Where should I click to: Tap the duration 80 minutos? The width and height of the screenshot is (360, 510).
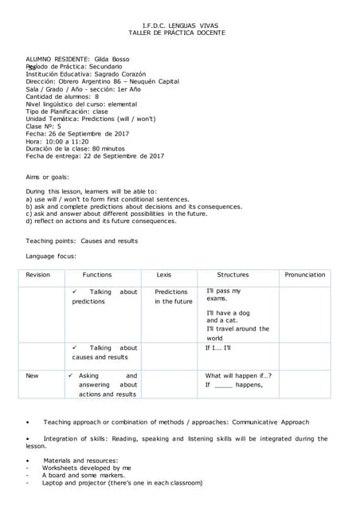coord(102,148)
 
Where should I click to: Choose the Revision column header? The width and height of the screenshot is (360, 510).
coord(37,275)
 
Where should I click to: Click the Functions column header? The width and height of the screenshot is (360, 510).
coord(97,275)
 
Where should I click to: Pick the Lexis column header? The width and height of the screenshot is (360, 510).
coord(164,275)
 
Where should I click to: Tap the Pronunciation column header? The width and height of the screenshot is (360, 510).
coord(305,275)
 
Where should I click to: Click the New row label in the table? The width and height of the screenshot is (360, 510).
coord(32,375)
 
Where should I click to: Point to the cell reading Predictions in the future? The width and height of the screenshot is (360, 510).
coord(173,296)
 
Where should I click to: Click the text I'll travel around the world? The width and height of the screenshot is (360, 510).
coord(237,333)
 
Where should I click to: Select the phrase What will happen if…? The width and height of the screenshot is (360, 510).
coord(238,375)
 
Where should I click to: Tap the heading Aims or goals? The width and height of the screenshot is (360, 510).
coord(47,177)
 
